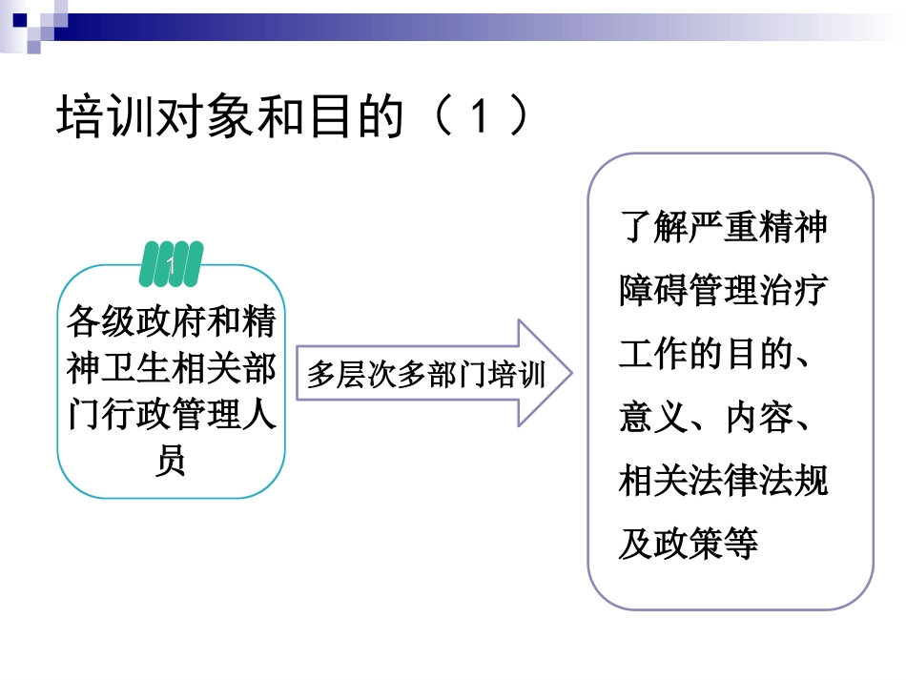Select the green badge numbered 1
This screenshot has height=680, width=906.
(172, 264)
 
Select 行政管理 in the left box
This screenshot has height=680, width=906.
(172, 414)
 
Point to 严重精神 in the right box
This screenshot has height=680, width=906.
(757, 228)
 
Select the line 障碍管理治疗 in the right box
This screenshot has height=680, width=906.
(723, 291)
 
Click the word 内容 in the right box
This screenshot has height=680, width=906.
(757, 418)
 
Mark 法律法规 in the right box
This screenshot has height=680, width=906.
(757, 481)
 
